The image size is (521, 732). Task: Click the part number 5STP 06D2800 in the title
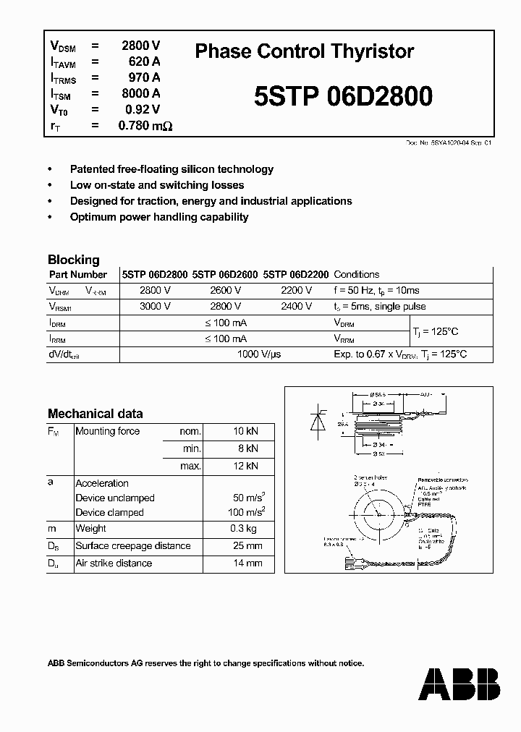point(343,96)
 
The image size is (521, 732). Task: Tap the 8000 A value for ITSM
point(140,93)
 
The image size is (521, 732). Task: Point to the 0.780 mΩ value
point(145,126)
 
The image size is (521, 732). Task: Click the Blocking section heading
point(73,260)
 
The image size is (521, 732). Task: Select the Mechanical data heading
point(95,414)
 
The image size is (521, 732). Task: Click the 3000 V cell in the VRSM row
point(155,306)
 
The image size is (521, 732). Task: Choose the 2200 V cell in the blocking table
point(296,290)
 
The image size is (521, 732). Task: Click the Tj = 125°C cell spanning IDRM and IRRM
point(436,331)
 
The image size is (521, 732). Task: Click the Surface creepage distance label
point(133,546)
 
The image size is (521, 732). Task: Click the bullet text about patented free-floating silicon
point(171,169)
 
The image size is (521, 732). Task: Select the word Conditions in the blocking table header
point(357,275)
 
